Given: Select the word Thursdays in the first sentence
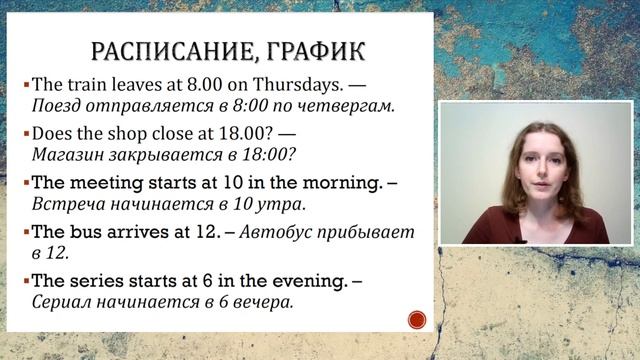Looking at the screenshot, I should (x=287, y=85).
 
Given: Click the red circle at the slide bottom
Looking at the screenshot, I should (x=417, y=320).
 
